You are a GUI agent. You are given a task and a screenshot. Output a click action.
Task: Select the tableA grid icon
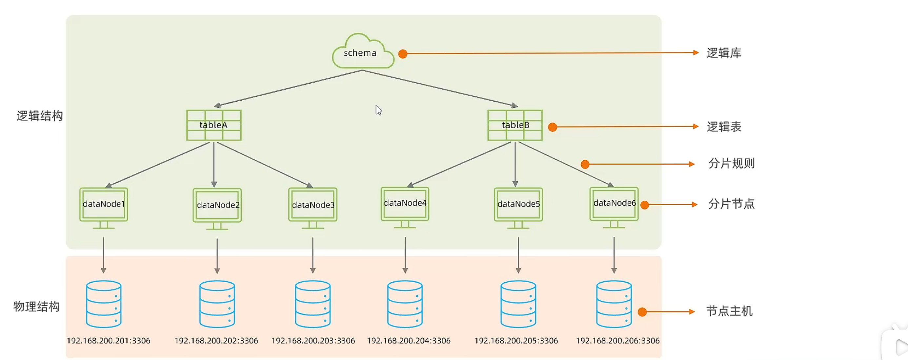[x=213, y=125]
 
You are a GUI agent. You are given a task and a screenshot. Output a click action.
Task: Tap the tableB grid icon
[x=515, y=125]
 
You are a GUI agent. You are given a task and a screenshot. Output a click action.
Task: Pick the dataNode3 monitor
[x=313, y=207]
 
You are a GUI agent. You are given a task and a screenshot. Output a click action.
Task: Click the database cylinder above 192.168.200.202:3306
[x=217, y=304]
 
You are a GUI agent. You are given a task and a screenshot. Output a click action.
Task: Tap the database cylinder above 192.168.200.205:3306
[x=518, y=304]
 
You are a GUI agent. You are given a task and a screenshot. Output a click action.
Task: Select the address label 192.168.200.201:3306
[x=109, y=341]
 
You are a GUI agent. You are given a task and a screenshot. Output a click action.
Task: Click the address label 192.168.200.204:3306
[x=409, y=341]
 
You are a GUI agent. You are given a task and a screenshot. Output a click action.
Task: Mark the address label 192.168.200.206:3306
[x=617, y=341]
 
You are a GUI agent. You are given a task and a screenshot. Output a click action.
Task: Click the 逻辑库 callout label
[x=724, y=53]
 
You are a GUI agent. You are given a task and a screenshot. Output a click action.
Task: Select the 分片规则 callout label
[x=731, y=163]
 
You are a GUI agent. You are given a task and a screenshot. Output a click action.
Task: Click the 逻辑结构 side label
[x=39, y=116]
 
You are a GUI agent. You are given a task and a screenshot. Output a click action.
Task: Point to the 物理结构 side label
[x=36, y=307]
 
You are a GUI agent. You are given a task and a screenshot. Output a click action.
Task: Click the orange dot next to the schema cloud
[x=403, y=54]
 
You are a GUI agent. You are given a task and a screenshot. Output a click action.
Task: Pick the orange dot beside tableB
[x=552, y=127]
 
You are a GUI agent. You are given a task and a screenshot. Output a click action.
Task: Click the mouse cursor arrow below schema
[x=378, y=110]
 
